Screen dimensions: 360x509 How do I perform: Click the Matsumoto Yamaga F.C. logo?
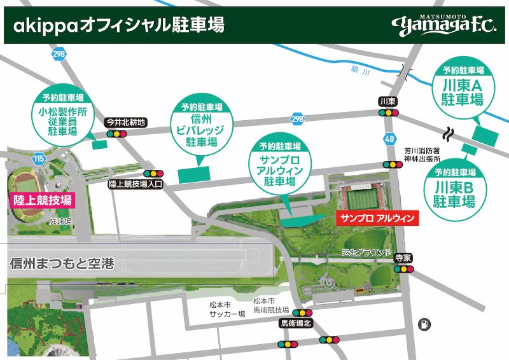(x=447, y=25)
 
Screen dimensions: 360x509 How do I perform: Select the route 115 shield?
(x=40, y=158)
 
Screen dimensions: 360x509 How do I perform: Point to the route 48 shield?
(x=389, y=138)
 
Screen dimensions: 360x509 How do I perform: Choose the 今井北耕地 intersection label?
(x=126, y=122)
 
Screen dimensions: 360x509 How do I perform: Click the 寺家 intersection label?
(x=402, y=258)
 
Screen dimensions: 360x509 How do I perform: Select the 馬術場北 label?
(x=297, y=323)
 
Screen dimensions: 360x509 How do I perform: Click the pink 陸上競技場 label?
(x=42, y=200)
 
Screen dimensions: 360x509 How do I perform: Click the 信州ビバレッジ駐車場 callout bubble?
(x=201, y=127)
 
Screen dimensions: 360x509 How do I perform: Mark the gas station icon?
(x=422, y=324)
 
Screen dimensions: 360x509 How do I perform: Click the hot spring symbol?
(x=449, y=134)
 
